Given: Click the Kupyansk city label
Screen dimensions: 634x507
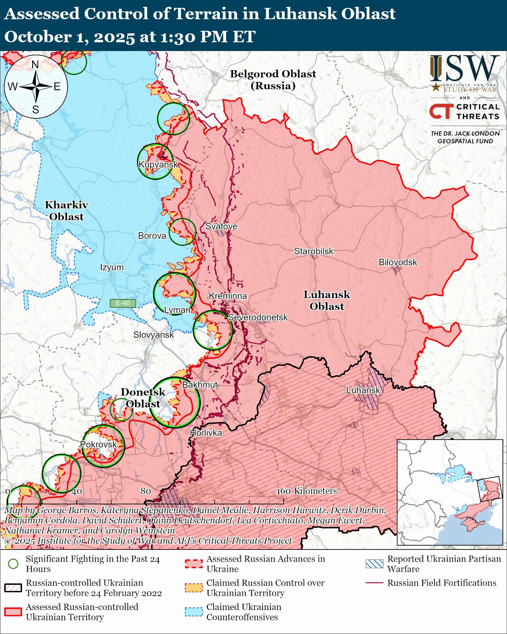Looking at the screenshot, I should coord(158,164).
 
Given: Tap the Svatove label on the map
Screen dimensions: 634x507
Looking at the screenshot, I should coord(221,226).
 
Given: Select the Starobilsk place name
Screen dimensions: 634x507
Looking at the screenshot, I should coord(314,251).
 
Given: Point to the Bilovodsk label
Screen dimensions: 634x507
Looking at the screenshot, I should coord(398,262).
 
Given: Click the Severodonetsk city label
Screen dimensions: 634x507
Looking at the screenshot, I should coord(258,317).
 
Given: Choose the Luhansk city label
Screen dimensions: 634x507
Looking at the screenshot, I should coord(363,390).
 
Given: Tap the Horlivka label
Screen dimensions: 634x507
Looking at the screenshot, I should coord(206,433).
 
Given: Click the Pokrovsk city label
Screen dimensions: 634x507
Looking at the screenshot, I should coord(99,444).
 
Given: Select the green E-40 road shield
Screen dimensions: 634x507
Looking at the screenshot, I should coord(123,303).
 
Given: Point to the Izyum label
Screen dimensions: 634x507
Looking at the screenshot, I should coord(112,267).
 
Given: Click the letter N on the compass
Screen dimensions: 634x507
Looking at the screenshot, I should coord(35,64).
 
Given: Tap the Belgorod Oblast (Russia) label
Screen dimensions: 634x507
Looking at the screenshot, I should coord(273,79).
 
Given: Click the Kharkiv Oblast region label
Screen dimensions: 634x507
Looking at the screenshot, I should coord(66,210).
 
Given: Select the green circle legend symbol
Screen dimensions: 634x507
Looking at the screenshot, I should coord(13,564).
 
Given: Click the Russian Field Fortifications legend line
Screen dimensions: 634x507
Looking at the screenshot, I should coord(375,583).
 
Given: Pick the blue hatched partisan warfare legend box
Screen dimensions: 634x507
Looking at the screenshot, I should coord(375,564).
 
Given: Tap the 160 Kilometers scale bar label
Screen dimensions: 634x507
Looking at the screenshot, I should coord(306,491).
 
